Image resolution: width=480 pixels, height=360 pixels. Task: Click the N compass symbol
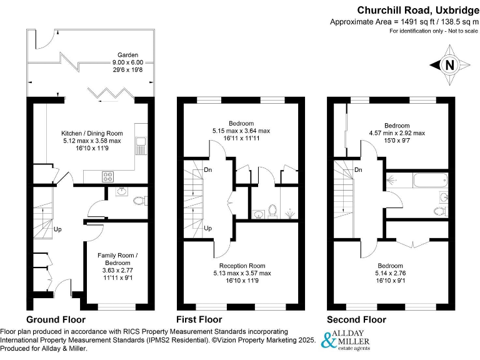[x=448, y=64]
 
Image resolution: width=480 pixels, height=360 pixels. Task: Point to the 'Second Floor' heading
[x=356, y=319]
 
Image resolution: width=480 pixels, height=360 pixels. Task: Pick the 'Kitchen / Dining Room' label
[x=92, y=133]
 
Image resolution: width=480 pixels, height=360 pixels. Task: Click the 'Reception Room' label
[x=240, y=265]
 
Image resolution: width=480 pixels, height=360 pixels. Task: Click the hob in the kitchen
[x=107, y=177]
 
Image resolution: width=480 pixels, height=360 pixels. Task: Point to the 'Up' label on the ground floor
[x=57, y=228]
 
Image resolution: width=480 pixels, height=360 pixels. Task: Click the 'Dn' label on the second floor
[x=358, y=169]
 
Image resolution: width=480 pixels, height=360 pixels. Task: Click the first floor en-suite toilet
[x=272, y=211]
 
